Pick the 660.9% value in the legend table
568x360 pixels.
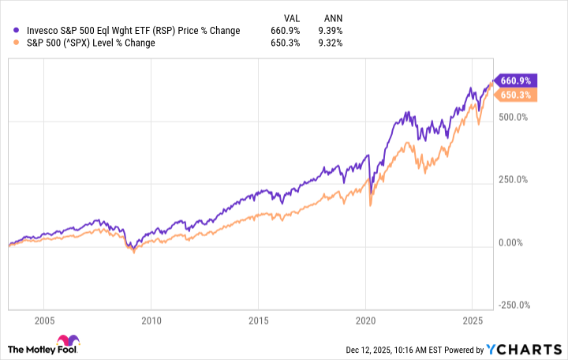290,31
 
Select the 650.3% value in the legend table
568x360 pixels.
290,43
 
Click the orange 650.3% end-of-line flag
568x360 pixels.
516,95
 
